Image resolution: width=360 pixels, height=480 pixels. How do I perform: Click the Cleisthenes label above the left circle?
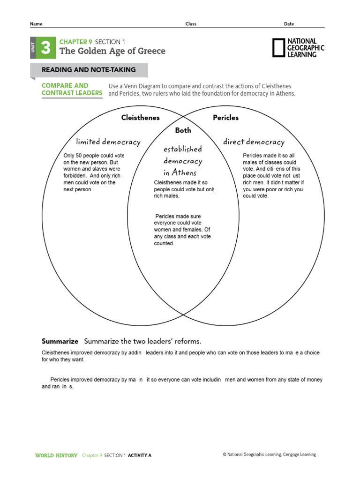140,118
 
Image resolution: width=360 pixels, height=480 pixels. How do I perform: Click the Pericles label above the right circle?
225,118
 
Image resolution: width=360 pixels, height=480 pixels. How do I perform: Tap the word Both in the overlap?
183,130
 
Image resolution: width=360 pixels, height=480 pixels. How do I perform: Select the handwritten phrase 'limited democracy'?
108,142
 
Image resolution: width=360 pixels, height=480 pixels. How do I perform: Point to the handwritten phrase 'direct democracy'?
254,142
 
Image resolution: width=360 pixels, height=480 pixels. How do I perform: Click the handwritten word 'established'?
182,149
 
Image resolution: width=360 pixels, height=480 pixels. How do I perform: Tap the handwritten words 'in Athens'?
180,172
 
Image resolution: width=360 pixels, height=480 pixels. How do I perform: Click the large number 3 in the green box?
45,48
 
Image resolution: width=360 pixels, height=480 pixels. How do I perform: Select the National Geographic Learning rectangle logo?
278,48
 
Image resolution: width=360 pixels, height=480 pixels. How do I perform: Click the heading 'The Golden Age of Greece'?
112,51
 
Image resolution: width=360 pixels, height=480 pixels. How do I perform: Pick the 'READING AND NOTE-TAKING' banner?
89,70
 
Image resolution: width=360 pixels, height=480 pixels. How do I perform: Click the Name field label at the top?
36,24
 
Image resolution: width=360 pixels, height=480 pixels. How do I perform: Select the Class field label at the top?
191,24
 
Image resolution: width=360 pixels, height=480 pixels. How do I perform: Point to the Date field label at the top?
289,24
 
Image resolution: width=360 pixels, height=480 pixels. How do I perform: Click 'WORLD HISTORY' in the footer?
56,455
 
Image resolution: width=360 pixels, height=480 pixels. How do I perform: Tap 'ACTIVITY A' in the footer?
140,455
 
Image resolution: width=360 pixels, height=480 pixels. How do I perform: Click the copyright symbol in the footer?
225,455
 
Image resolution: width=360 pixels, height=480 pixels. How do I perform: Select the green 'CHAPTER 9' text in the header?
75,42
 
